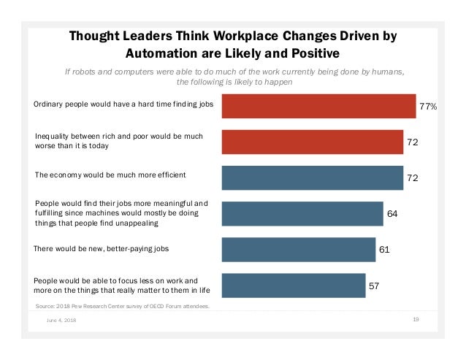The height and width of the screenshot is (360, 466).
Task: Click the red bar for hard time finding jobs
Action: [318, 106]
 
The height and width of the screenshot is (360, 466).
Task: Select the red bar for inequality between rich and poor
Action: [313, 142]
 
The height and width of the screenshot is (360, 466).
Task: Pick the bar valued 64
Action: [302, 213]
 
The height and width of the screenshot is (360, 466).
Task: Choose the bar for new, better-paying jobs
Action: [298, 249]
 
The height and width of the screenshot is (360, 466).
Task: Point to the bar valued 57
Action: [293, 285]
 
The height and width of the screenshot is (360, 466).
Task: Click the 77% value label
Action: [428, 107]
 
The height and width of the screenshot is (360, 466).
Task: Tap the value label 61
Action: [384, 249]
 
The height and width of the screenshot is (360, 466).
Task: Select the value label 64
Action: [392, 213]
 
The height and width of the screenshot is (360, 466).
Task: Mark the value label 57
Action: [374, 285]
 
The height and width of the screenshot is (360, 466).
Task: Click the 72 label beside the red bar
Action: [413, 142]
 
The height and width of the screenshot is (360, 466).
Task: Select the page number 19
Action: [415, 319]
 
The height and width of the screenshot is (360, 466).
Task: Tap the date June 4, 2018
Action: [61, 320]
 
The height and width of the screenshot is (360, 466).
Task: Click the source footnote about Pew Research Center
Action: [122, 307]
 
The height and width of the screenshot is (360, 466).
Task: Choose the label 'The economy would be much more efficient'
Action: [110, 175]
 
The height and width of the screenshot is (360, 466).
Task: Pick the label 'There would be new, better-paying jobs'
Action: [102, 248]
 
